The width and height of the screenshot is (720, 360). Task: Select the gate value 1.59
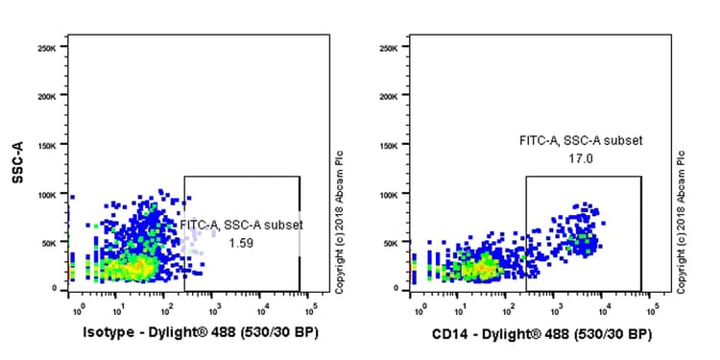[x=242, y=243]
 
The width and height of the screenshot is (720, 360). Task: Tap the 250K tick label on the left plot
[x=51, y=48]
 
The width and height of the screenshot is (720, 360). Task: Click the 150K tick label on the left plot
[x=51, y=146]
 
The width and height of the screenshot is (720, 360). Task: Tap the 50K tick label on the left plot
[x=54, y=243]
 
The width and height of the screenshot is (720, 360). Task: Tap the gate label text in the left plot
[x=242, y=225]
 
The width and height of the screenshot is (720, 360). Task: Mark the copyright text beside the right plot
[x=683, y=221]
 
